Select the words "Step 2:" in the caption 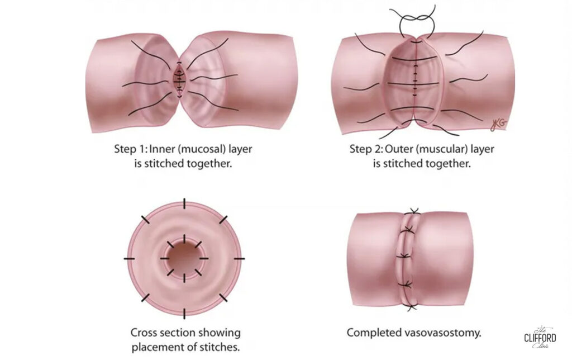(366, 149)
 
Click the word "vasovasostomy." (443, 333)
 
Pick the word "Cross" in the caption (142, 333)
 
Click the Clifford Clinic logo (540, 337)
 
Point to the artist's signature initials (498, 125)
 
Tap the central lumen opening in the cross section (184, 258)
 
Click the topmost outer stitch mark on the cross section (184, 203)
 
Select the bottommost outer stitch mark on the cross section (184, 314)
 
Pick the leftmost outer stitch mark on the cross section (129, 258)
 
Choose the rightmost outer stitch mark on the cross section (239, 258)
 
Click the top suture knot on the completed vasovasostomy (414, 211)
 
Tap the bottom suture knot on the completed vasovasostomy (412, 307)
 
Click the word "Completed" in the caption (374, 333)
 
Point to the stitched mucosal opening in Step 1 (179, 79)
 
